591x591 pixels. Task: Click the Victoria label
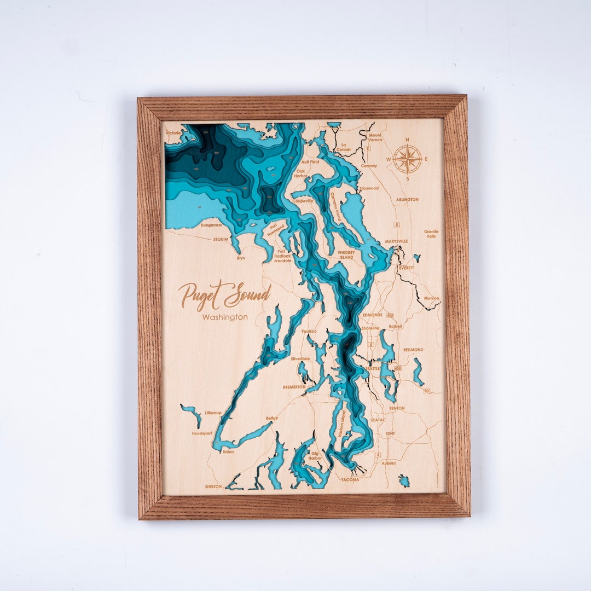point(173,133)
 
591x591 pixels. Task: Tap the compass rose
point(408,159)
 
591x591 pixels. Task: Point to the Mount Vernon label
point(375,137)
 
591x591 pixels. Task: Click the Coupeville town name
point(303,201)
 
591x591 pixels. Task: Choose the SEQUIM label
point(221,239)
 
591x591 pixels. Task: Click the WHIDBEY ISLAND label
point(346,254)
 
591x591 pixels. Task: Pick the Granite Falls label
point(431,234)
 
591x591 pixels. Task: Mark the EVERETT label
point(407,268)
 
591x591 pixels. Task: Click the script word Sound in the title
point(247,296)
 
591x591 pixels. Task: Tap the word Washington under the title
point(224,317)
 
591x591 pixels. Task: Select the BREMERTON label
point(294,387)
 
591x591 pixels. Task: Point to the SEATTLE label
point(373,368)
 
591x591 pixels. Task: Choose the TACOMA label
point(350,480)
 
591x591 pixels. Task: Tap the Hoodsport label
point(202,433)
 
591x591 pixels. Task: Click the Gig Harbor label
point(315,455)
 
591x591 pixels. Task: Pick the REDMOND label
point(413,349)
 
